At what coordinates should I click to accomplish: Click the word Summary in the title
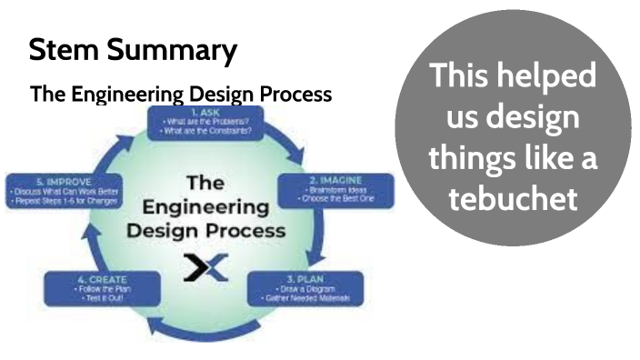click(172, 52)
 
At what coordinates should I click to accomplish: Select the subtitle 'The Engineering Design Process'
click(181, 94)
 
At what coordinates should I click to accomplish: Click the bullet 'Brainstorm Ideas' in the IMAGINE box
click(339, 192)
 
